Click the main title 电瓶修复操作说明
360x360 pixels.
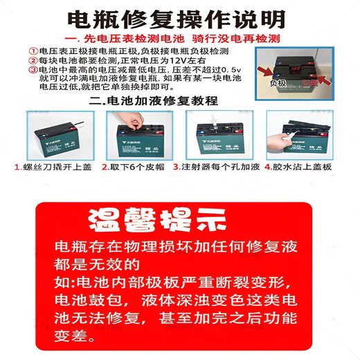[180, 17]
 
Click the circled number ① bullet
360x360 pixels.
[33, 52]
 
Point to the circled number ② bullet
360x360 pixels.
[33, 61]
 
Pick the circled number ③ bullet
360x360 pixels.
[33, 70]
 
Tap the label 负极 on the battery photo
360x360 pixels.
[278, 82]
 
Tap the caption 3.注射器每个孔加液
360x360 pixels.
[216, 168]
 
